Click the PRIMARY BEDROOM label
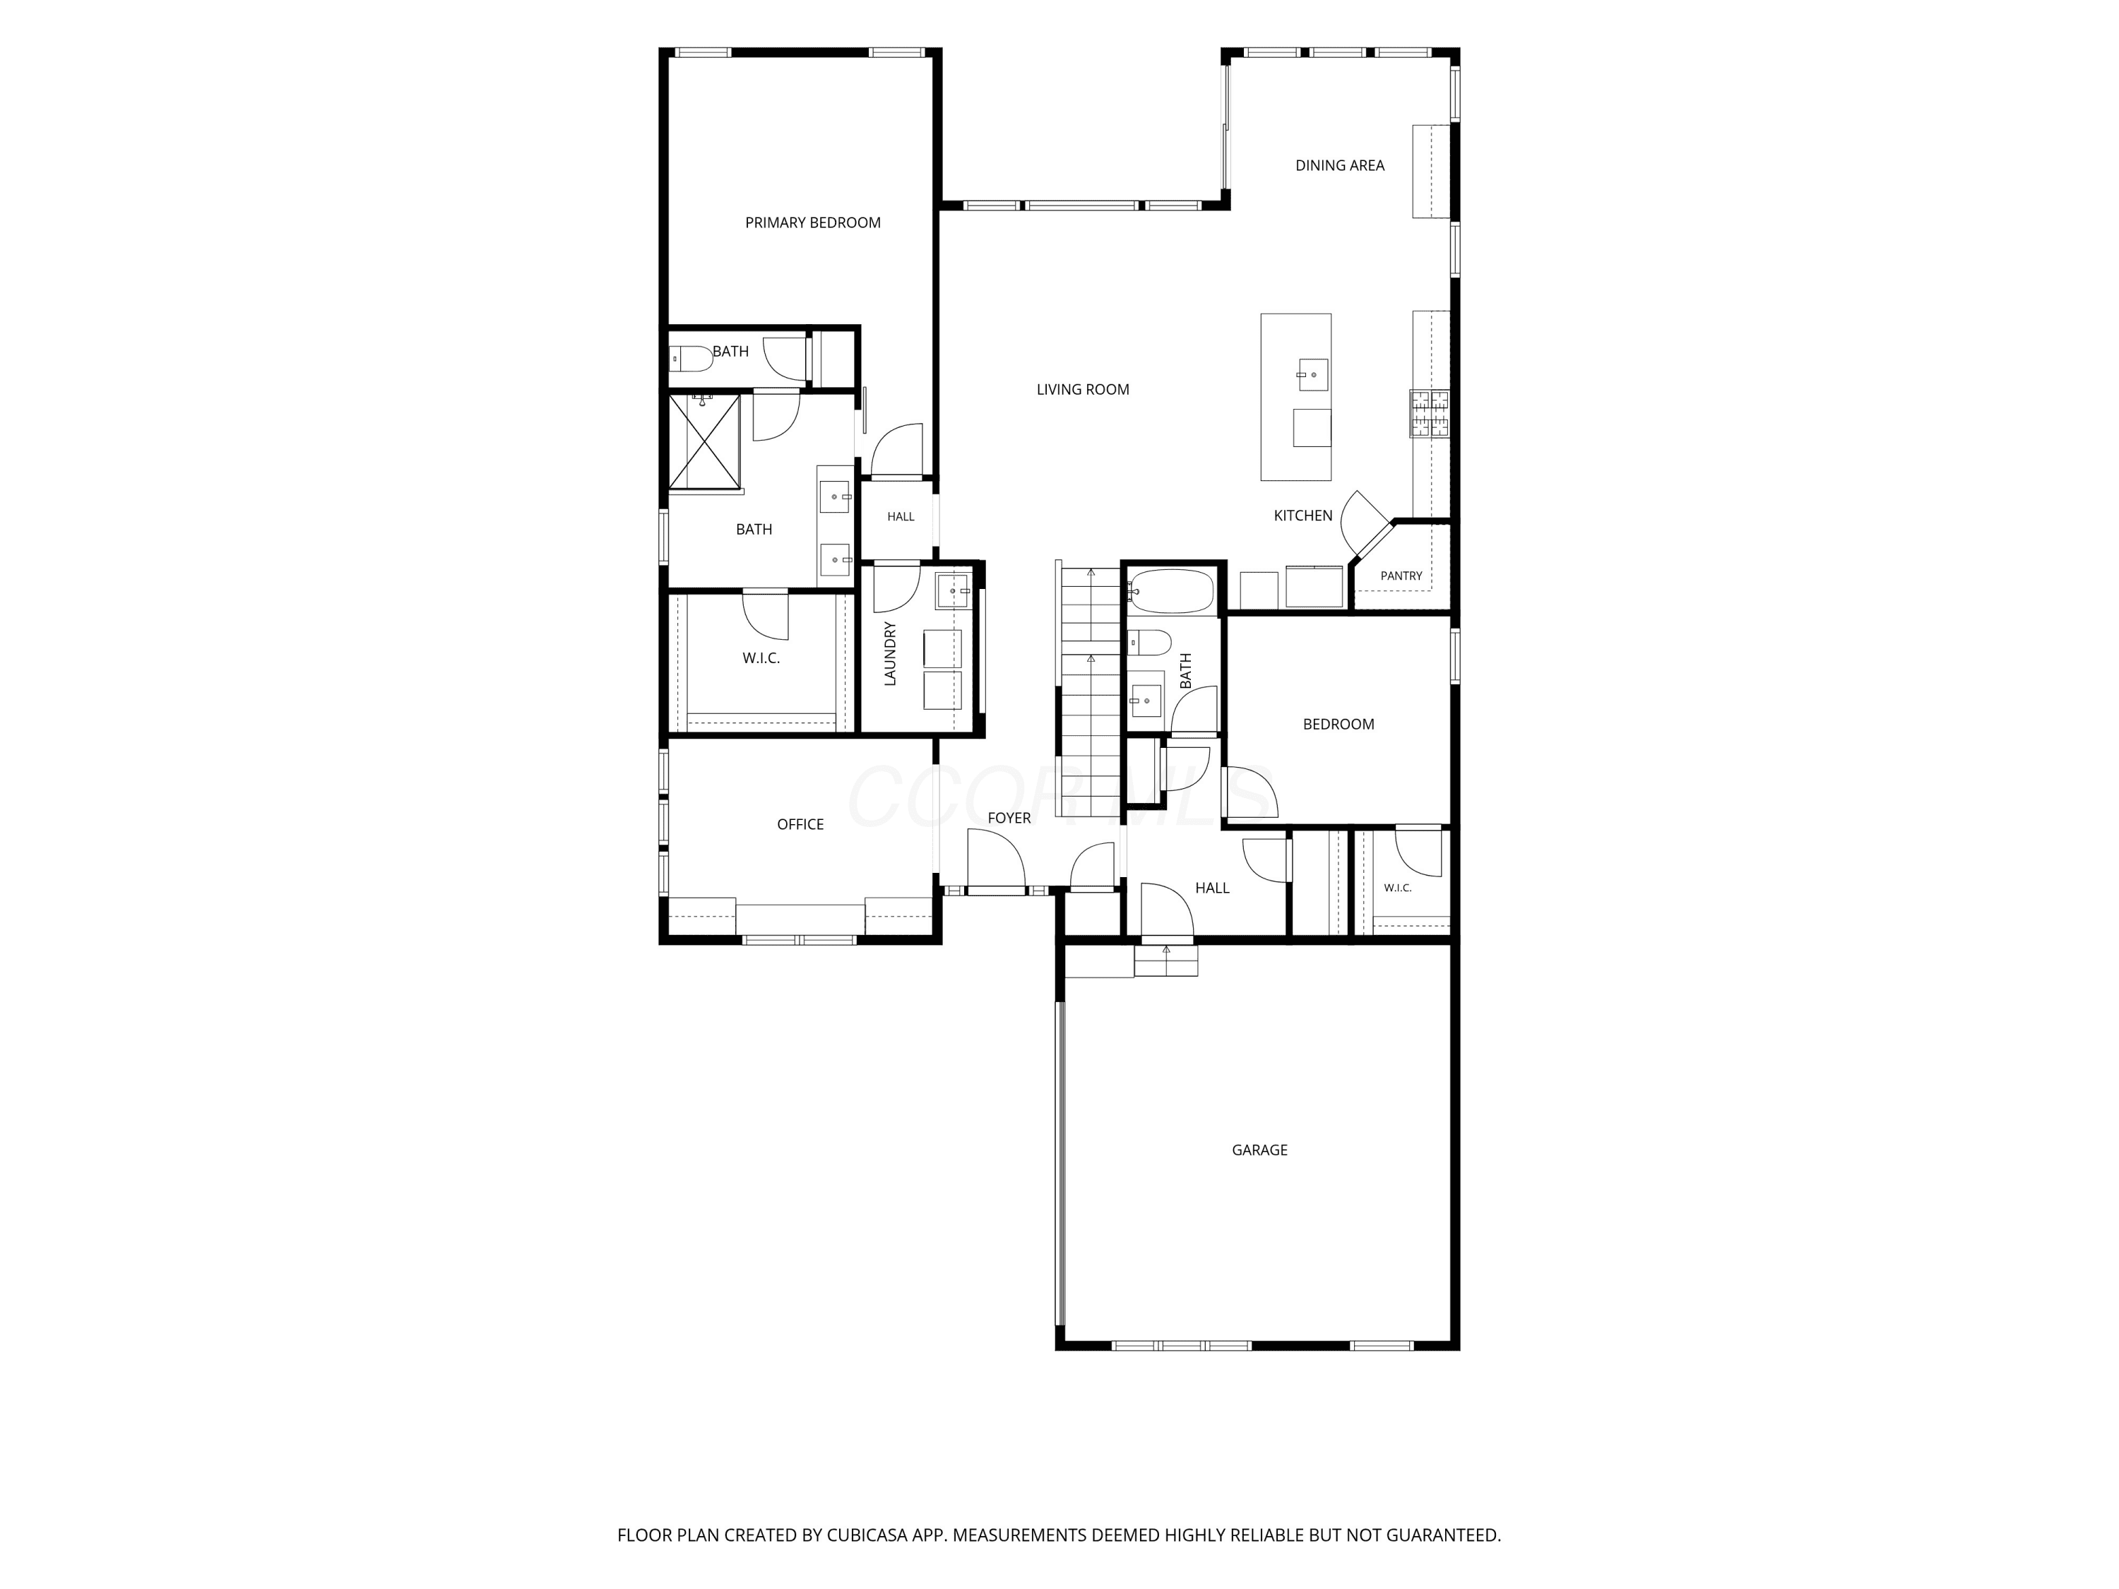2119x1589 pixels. (x=812, y=223)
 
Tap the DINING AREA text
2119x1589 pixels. (x=1339, y=166)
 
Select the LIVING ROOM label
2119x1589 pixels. (x=1083, y=390)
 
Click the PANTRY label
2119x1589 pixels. (x=1401, y=576)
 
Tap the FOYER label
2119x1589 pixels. (x=1009, y=818)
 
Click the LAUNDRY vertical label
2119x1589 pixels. (x=890, y=653)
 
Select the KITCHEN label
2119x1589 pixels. (x=1302, y=516)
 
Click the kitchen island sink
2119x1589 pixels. (x=1312, y=374)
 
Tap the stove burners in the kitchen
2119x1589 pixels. (x=1430, y=414)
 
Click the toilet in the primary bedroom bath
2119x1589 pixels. (x=689, y=360)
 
